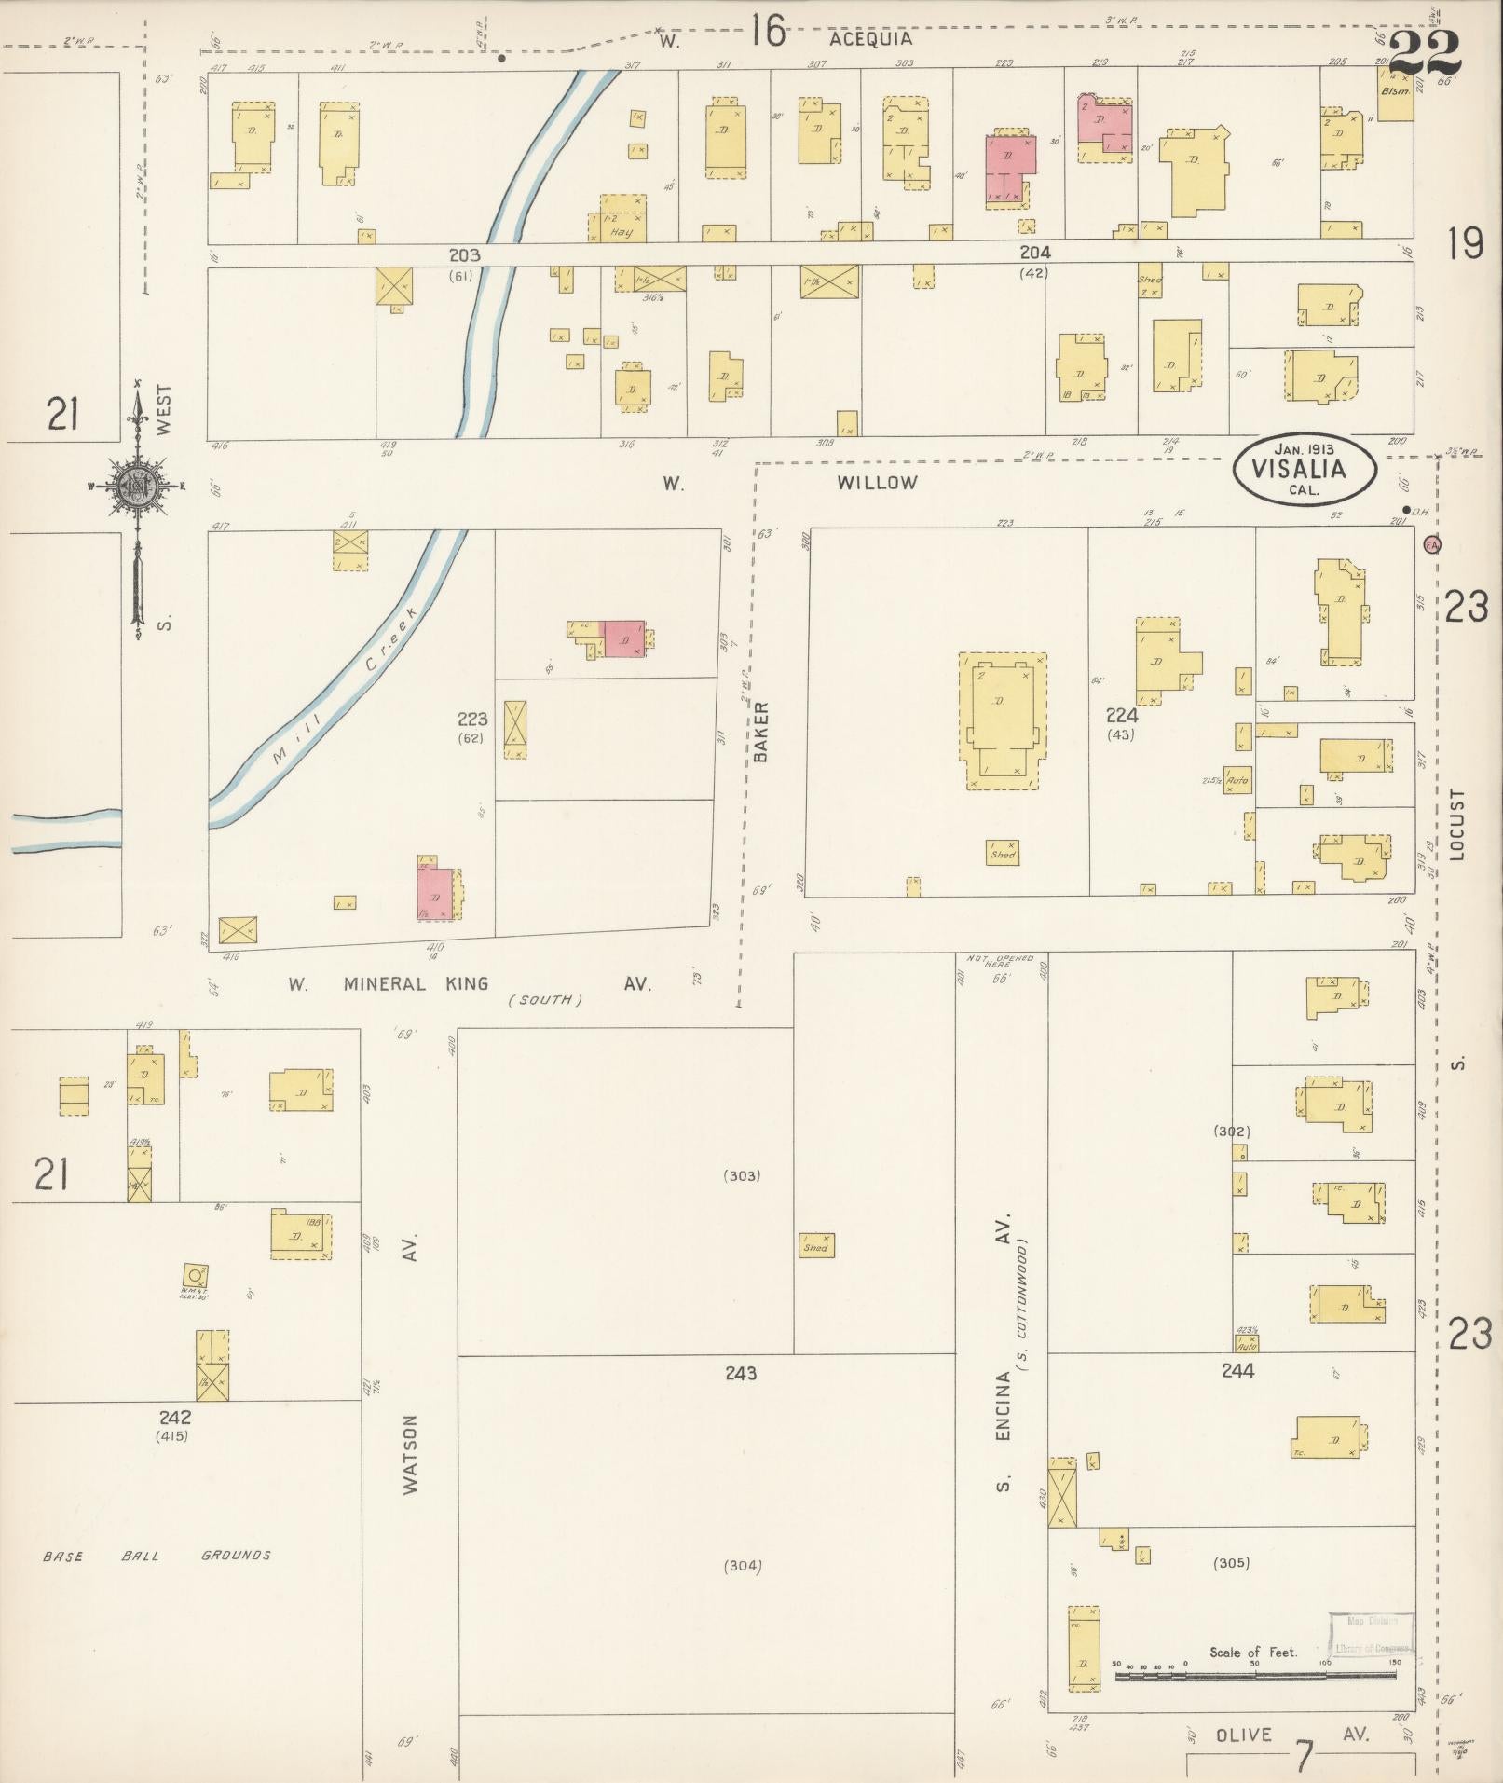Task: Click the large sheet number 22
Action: pyautogui.click(x=1424, y=54)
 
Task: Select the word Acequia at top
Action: pyautogui.click(x=870, y=39)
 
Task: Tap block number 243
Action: pyautogui.click(x=741, y=1373)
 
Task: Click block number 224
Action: pyautogui.click(x=1121, y=716)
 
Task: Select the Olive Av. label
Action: pyautogui.click(x=1291, y=1735)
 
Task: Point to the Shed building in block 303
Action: pyautogui.click(x=815, y=1246)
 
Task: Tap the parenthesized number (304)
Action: pyautogui.click(x=743, y=1566)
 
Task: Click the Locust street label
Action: pyautogui.click(x=1458, y=824)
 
